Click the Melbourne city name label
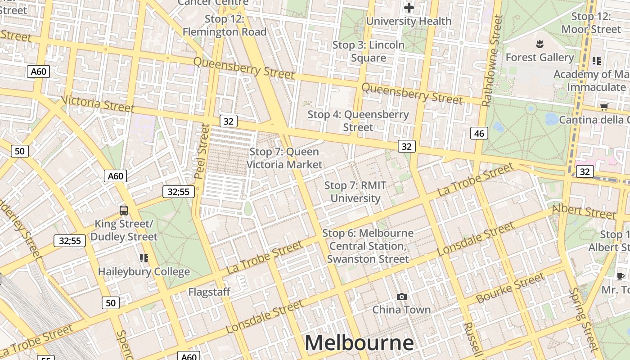359,343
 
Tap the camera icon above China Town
402,297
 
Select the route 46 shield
479,133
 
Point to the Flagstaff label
209,292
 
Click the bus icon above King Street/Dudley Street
124,210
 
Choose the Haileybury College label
144,272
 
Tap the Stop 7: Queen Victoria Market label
284,158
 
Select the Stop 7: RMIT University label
355,192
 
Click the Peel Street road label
202,151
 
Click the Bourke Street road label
510,288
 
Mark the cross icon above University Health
409,8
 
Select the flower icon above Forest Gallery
540,44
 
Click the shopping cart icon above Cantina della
604,107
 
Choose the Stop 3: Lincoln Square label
369,51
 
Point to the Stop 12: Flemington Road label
225,25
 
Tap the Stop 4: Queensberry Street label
358,121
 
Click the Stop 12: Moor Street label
591,23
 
